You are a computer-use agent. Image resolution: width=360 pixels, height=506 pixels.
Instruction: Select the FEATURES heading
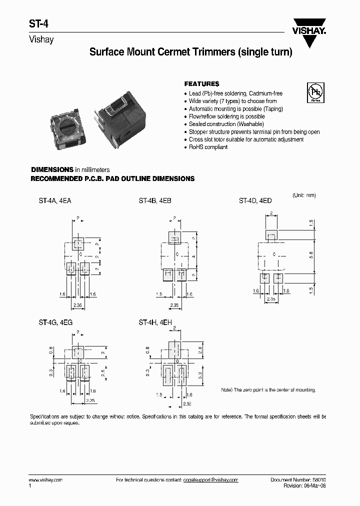tap(201, 84)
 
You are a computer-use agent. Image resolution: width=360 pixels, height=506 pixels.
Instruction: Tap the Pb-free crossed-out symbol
tap(315, 92)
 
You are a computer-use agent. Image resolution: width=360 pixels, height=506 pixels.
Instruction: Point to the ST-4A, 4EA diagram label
tap(55, 201)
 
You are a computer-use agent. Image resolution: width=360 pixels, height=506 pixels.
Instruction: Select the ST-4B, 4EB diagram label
tap(155, 201)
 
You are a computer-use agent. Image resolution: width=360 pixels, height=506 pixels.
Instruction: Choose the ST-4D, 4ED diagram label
tap(255, 201)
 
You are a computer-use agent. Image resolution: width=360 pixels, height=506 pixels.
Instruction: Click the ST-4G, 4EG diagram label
tap(55, 323)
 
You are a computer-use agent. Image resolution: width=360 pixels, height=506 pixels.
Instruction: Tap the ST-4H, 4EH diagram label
tap(155, 323)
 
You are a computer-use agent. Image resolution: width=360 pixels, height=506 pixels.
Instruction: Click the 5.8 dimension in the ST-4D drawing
tap(311, 254)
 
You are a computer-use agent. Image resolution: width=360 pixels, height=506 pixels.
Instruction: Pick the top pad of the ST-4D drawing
tap(271, 236)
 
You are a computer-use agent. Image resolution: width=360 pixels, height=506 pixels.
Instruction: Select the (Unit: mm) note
tap(304, 195)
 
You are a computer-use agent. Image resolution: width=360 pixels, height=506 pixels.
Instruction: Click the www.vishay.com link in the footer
tap(45, 479)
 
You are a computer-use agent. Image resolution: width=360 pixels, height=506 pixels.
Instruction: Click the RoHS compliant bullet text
tap(208, 147)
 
